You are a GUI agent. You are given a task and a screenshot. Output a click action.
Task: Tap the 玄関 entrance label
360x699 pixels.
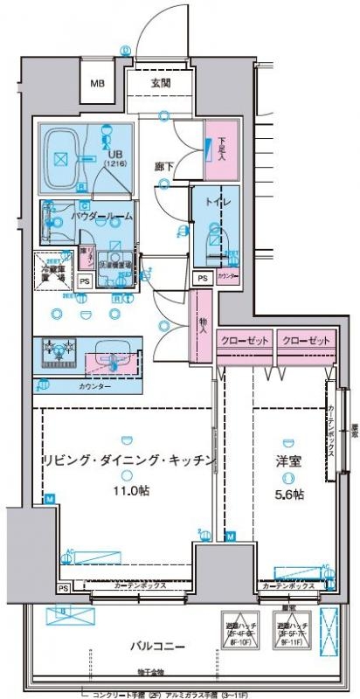coord(160,83)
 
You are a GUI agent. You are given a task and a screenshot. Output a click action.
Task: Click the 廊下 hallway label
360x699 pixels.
coord(163,166)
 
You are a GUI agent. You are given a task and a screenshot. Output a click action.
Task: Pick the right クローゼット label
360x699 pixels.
coord(306,339)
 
